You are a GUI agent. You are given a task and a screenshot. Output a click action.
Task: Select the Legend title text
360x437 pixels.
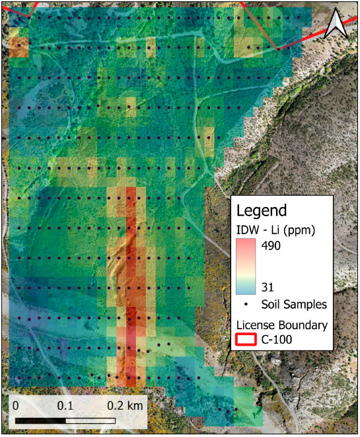(262, 211)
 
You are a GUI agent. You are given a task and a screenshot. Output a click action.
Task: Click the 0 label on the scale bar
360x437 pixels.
(16, 403)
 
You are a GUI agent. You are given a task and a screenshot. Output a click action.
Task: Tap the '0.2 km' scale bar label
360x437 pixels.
(124, 403)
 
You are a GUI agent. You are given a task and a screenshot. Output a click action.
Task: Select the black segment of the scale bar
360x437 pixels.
(40, 419)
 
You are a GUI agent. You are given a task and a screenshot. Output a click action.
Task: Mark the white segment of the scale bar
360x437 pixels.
(90, 419)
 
